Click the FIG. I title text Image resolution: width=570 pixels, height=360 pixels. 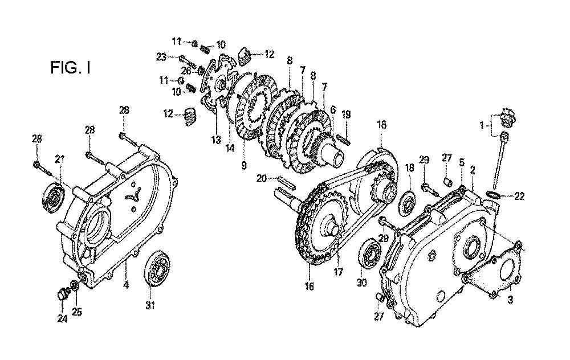(x=70, y=68)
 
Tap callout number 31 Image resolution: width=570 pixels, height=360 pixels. (x=150, y=305)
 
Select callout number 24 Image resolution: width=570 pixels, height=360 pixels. (x=62, y=318)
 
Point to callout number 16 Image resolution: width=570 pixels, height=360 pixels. (x=309, y=287)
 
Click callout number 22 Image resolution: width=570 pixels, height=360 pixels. (x=519, y=197)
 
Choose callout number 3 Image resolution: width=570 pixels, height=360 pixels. (x=510, y=300)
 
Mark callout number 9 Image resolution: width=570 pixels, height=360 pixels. (x=243, y=165)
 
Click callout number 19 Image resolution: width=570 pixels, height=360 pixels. (x=346, y=115)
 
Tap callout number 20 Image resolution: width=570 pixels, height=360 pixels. (x=262, y=178)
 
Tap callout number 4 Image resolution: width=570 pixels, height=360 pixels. (x=126, y=285)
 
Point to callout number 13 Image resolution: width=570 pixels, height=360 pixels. (x=216, y=140)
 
